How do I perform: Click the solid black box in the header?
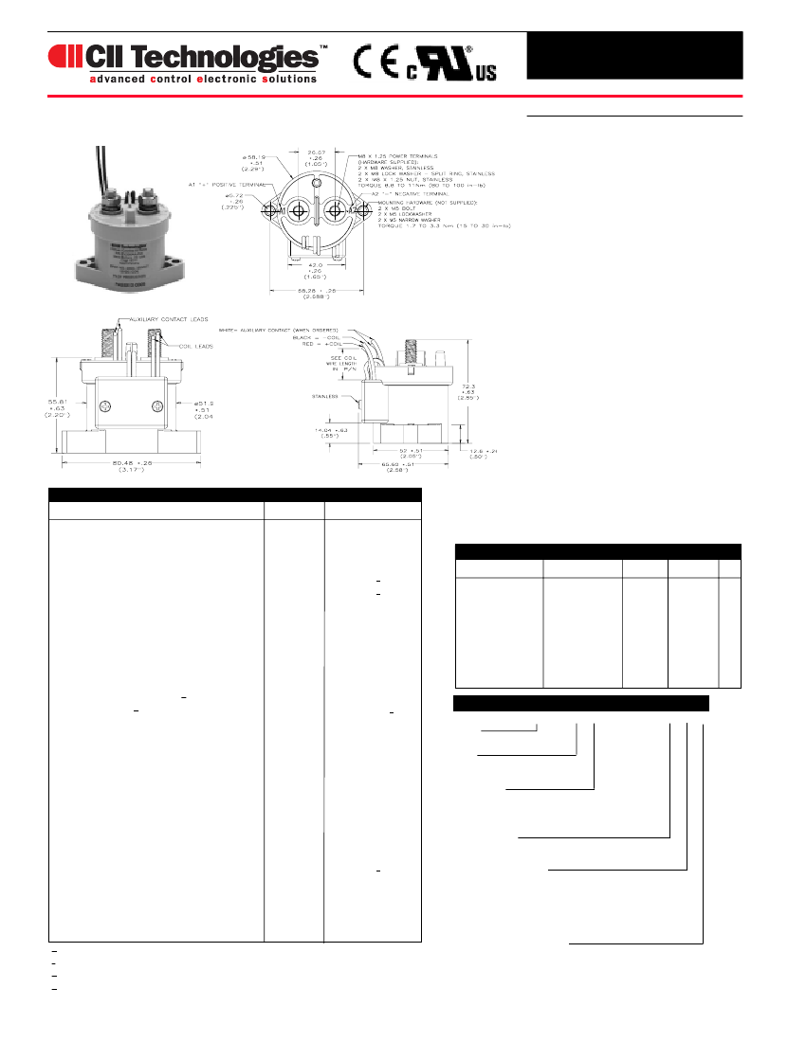tap(634, 56)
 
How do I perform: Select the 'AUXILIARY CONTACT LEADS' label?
tap(165, 319)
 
